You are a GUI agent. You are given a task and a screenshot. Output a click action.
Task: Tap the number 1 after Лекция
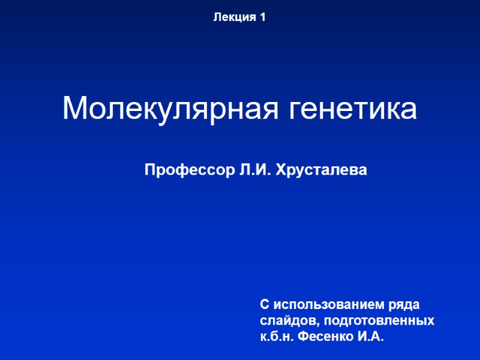tap(263, 18)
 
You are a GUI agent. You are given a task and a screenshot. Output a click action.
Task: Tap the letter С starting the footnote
tap(265, 304)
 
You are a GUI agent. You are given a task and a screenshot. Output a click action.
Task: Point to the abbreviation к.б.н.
tap(278, 337)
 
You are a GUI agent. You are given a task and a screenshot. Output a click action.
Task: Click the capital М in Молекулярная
tap(74, 109)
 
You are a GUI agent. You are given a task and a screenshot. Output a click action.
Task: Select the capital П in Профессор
tap(150, 171)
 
